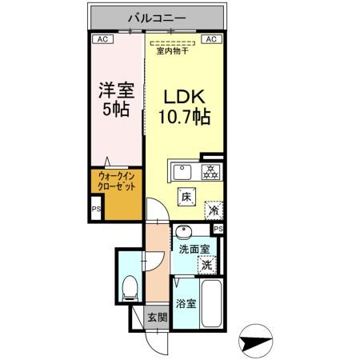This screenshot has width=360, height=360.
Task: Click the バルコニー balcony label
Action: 155,16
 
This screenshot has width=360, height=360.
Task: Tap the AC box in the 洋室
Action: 102,38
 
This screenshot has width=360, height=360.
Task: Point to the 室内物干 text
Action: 172,51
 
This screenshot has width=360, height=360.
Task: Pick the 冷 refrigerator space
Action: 214,210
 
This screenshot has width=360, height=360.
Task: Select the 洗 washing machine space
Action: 206,263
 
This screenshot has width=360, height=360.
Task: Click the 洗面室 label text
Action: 195,249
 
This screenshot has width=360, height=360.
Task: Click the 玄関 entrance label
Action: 157,318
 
